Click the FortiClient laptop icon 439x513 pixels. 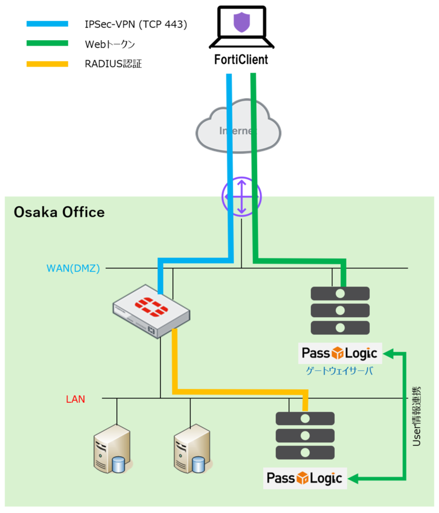coord(242,28)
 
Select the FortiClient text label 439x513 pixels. coord(242,60)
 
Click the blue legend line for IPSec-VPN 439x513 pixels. coord(47,24)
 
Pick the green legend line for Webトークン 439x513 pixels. coord(47,44)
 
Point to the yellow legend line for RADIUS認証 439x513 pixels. coord(47,64)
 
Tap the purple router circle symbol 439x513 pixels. coord(242,197)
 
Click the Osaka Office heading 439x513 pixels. coord(59,212)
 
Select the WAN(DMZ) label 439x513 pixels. coord(74,268)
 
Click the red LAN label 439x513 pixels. coord(76,399)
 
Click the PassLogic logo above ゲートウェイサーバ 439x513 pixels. coord(340,354)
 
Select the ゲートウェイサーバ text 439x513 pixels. coord(339,371)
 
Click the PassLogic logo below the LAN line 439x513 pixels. coord(305,478)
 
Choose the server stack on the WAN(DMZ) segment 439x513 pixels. coord(340,311)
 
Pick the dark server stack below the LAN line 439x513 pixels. coord(305,436)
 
